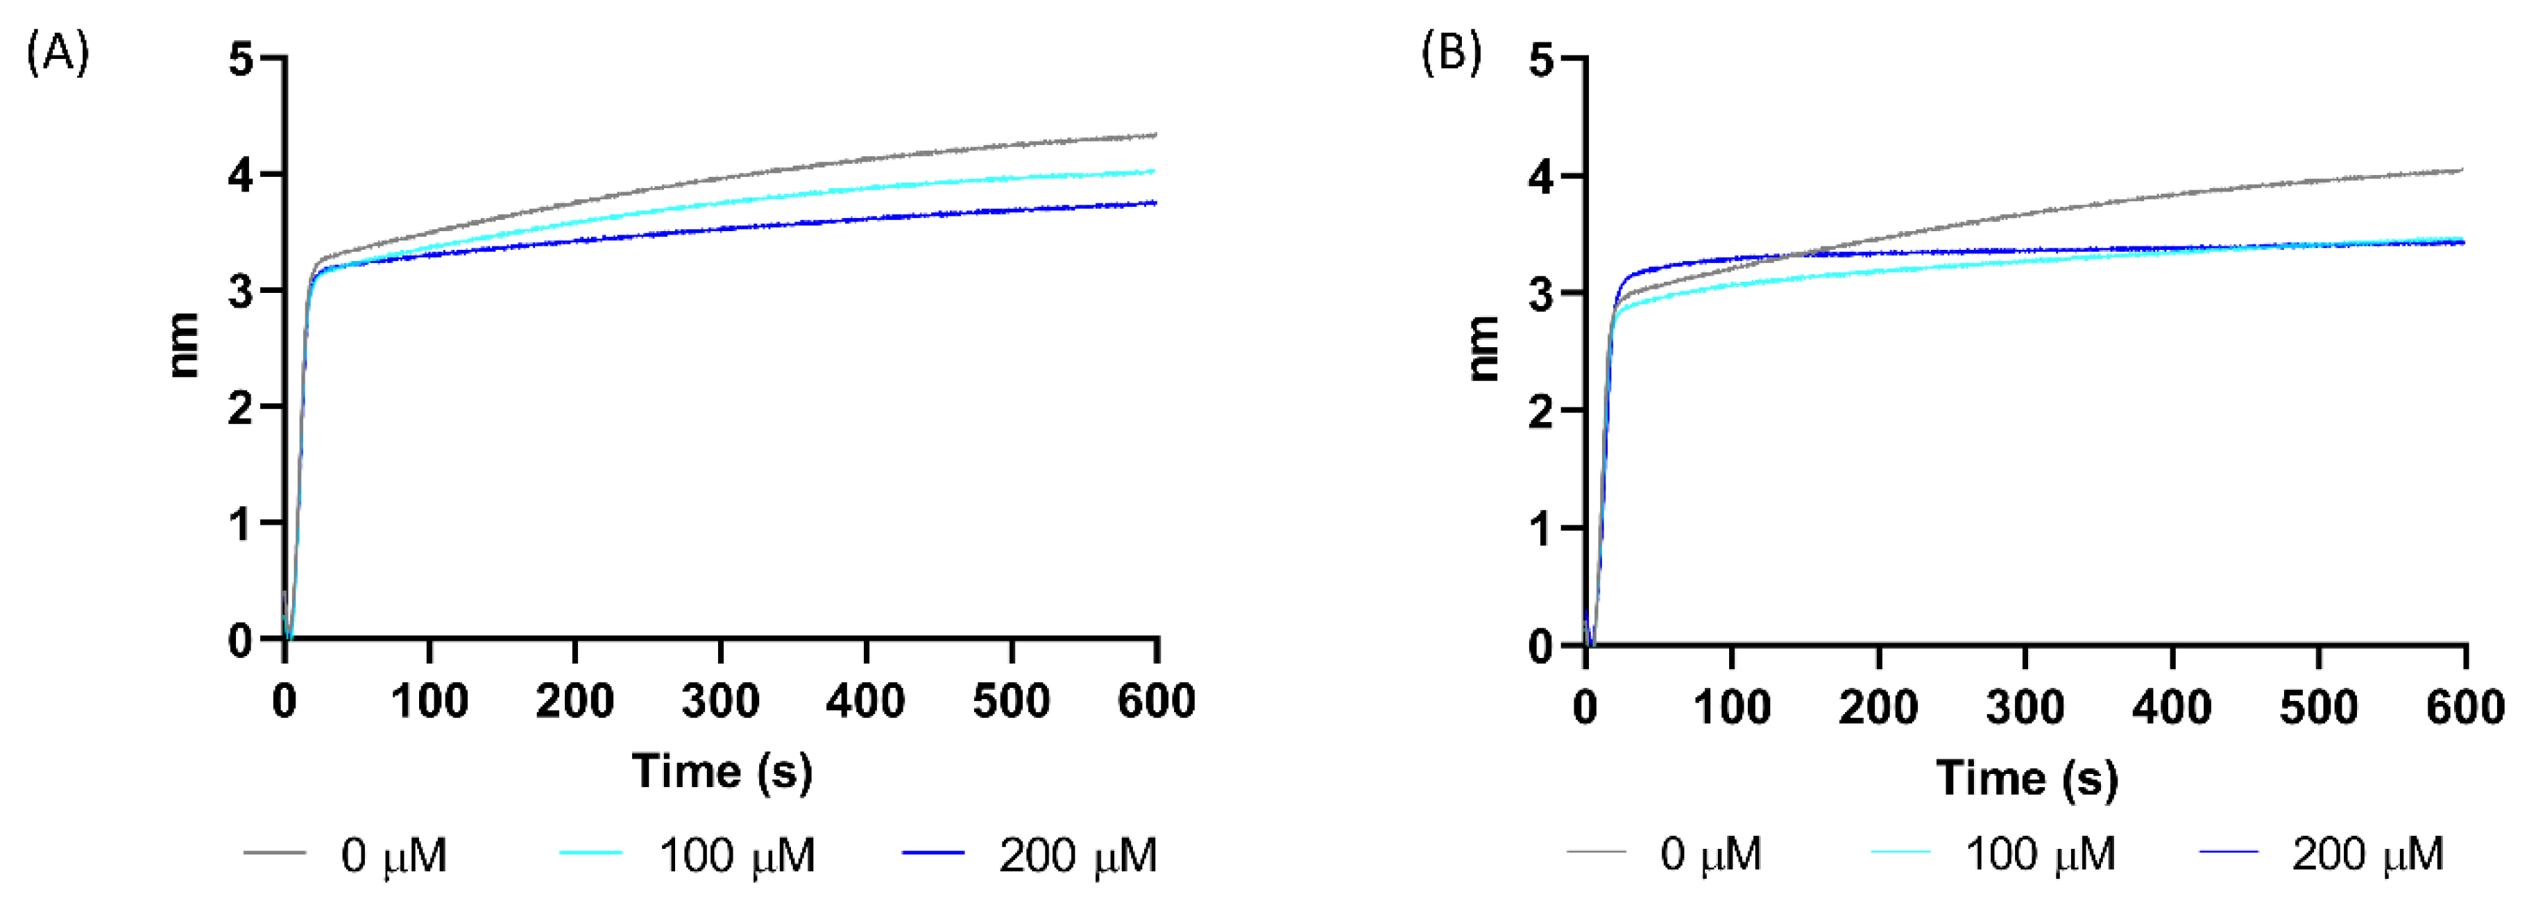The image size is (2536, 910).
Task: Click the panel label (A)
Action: click(57, 52)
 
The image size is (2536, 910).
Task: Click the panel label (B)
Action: click(1451, 52)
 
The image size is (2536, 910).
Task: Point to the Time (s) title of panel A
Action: click(722, 771)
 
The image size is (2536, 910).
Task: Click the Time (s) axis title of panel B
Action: click(2026, 778)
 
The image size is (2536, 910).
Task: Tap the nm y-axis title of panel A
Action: click(184, 346)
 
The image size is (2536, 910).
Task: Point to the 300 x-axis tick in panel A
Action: click(721, 701)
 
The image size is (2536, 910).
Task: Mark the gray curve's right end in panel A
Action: click(1155, 135)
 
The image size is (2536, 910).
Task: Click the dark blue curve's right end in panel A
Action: click(1155, 203)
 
